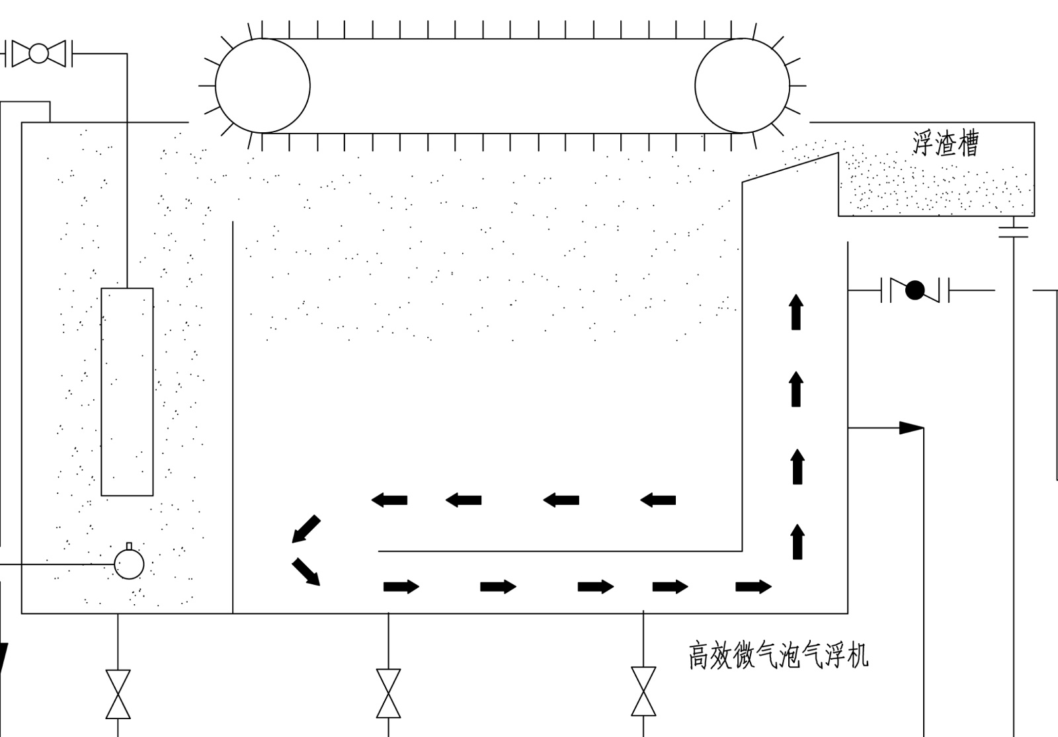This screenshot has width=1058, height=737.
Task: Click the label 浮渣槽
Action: click(x=945, y=143)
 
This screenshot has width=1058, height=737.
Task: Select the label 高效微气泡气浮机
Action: click(x=778, y=656)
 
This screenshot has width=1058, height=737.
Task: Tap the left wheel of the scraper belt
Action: click(x=263, y=86)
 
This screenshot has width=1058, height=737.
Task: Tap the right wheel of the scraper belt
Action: click(x=742, y=86)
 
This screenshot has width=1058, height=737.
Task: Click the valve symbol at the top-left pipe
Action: click(x=38, y=54)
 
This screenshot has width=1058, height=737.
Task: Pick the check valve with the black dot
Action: click(x=915, y=290)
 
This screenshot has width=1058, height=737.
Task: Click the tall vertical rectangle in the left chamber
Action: click(x=127, y=391)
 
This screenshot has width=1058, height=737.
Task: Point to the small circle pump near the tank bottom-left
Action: click(x=129, y=564)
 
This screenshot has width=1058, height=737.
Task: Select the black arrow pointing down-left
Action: click(x=306, y=529)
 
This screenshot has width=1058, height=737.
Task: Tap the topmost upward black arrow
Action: click(x=796, y=312)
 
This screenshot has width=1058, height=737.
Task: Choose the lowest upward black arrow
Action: click(x=797, y=541)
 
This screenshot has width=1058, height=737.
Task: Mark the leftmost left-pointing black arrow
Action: click(x=389, y=500)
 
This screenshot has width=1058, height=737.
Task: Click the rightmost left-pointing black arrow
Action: click(x=658, y=500)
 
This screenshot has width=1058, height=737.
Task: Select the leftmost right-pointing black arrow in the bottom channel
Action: click(x=401, y=586)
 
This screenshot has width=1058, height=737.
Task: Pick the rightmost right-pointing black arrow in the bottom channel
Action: click(x=753, y=586)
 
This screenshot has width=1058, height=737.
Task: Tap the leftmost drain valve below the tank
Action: click(x=118, y=694)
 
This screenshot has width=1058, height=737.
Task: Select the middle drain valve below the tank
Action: click(x=388, y=693)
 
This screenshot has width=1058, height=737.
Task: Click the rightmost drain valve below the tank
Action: click(x=643, y=691)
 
